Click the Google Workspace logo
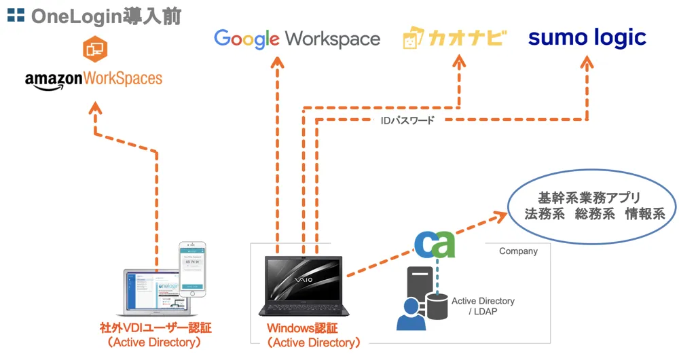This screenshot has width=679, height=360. coord(297,38)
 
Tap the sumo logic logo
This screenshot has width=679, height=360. coord(587,37)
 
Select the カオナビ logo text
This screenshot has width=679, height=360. coord(455,38)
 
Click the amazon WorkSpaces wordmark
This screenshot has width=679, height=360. coord(94,79)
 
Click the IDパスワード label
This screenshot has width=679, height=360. coord(407,120)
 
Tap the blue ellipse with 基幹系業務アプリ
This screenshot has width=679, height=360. coord(592,206)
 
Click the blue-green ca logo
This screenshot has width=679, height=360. coord(435,245)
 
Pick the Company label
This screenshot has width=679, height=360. coord(518,251)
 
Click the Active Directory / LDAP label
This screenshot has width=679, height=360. coord(483,306)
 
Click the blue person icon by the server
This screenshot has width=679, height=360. coord(411,312)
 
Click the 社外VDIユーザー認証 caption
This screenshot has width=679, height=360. coord(155,329)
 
